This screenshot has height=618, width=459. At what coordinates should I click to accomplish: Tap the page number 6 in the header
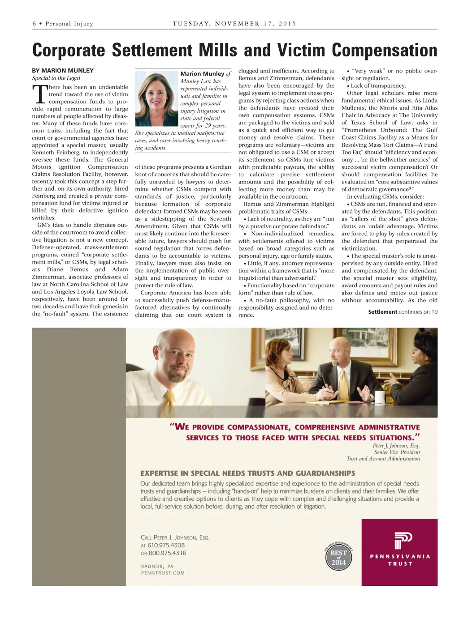tap(34, 24)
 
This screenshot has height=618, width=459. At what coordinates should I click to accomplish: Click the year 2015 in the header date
tap(287, 24)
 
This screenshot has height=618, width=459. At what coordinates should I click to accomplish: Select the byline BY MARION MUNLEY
tap(63, 71)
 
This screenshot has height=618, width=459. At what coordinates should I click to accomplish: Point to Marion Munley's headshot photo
tap(156, 99)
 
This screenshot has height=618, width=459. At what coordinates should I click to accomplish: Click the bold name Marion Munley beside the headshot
tap(202, 74)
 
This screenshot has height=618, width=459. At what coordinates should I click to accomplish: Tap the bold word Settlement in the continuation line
tap(383, 312)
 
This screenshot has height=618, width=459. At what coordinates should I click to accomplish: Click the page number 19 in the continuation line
tap(434, 312)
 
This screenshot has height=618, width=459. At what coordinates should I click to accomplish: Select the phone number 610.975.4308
tap(166, 546)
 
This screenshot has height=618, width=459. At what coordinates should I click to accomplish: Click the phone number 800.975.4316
tap(167, 553)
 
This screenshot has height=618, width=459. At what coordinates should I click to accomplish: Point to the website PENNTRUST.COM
tap(163, 573)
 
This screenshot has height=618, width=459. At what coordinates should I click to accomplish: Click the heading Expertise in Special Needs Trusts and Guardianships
tap(247, 473)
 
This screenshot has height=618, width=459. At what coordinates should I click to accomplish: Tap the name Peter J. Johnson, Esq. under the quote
tap(396, 446)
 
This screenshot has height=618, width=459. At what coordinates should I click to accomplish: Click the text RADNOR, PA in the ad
tap(157, 567)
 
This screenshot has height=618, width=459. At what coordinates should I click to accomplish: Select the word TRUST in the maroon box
tap(400, 564)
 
